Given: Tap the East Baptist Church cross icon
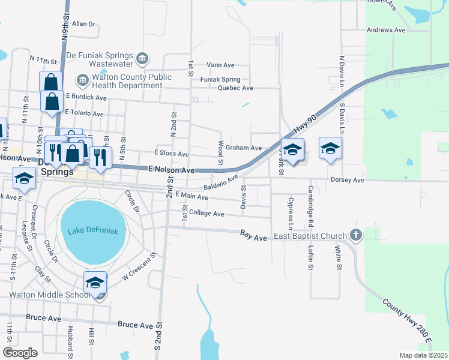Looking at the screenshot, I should (x=356, y=236).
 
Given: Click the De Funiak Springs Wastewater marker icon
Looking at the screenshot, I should (x=142, y=58).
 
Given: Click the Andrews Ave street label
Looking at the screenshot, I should (x=386, y=29).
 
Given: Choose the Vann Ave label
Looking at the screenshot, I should (x=220, y=65).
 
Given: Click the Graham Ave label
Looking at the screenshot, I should (x=244, y=148).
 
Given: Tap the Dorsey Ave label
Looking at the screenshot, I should (x=348, y=180).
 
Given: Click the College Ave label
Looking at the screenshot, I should (x=206, y=214).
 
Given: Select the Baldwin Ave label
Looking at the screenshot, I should (x=221, y=182).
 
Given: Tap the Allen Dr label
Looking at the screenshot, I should (x=83, y=25).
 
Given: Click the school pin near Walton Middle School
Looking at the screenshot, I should (x=95, y=283).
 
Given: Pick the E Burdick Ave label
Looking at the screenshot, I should (x=86, y=97).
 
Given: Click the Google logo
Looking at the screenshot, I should (x=20, y=353).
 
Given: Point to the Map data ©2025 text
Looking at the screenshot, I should (x=423, y=355).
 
